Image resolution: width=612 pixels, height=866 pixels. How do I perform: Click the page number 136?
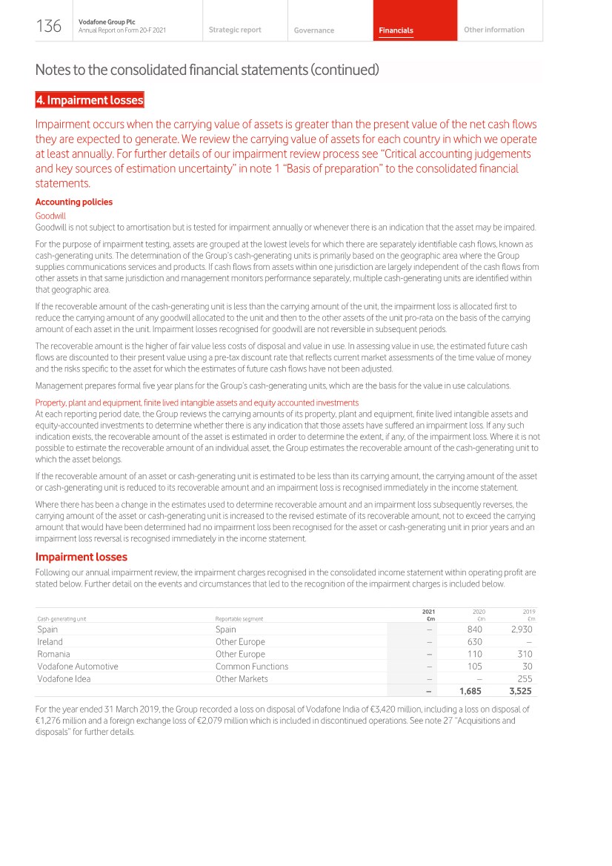click(x=49, y=27)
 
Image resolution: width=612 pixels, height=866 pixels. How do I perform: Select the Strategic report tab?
click(x=235, y=30)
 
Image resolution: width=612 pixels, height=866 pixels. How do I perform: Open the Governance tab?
click(x=313, y=30)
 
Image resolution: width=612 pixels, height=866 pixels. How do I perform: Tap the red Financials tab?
click(x=396, y=30)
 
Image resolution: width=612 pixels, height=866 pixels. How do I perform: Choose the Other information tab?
click(x=493, y=30)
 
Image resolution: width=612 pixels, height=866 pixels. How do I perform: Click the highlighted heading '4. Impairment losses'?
click(x=90, y=100)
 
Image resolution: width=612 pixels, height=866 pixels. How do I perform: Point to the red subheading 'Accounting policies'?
click(x=74, y=202)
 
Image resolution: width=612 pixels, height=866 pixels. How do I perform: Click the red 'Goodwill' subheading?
click(x=50, y=216)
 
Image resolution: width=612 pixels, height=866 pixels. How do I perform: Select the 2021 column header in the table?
click(x=428, y=612)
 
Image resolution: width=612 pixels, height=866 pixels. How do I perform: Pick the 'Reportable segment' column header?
click(x=239, y=618)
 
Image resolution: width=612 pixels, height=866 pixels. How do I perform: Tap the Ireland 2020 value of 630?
click(x=474, y=642)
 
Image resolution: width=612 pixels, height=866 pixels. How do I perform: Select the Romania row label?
click(x=53, y=654)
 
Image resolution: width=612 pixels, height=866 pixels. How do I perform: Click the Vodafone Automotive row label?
click(x=77, y=667)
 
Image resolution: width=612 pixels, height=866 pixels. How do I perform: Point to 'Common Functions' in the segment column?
click(x=251, y=667)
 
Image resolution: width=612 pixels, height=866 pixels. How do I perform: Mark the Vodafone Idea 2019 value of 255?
click(x=525, y=678)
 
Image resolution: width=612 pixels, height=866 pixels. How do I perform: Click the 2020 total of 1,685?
click(x=470, y=691)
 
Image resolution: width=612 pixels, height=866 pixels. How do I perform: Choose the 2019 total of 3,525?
click(x=519, y=691)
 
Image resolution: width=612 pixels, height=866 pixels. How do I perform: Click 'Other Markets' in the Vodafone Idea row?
click(x=242, y=678)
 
